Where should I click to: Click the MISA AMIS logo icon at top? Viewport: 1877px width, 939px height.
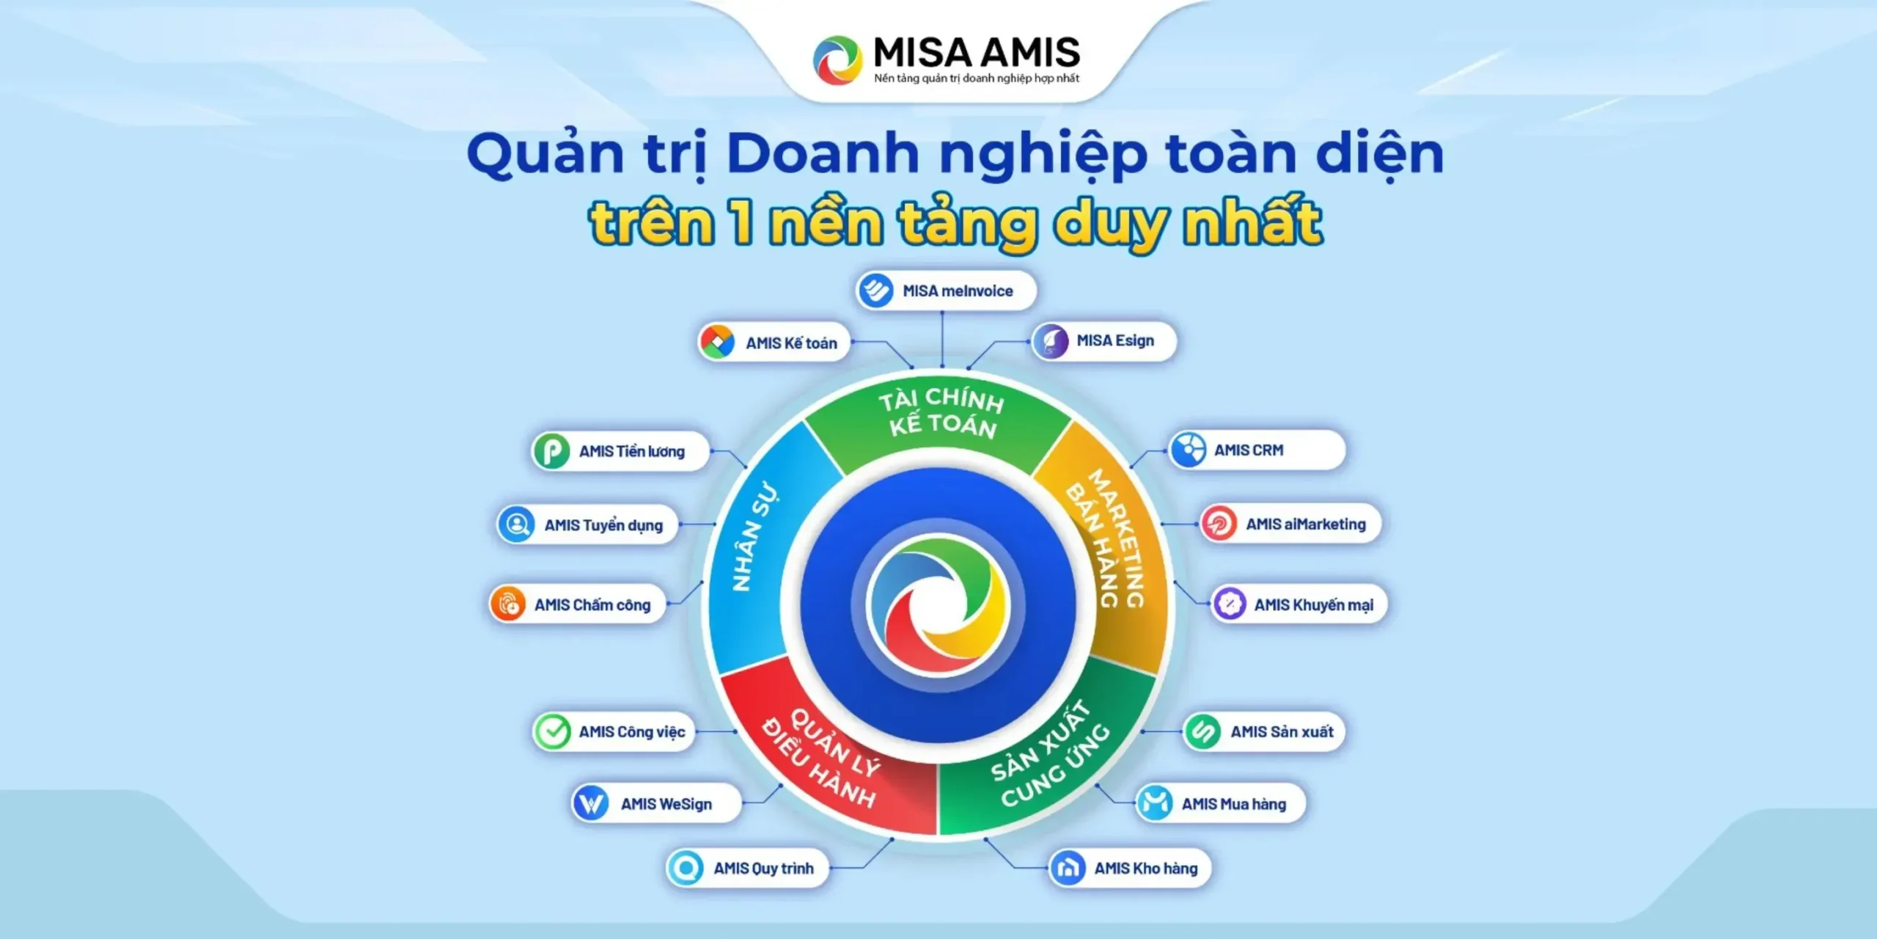(837, 60)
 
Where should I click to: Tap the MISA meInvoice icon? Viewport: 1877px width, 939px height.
(875, 291)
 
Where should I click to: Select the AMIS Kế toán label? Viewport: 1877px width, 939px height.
(791, 343)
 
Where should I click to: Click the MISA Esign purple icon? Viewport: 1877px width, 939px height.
(1051, 341)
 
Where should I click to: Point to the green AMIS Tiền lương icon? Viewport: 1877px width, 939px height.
(551, 450)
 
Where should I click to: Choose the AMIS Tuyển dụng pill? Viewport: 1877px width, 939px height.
(587, 525)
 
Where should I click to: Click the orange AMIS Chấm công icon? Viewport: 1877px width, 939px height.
(508, 604)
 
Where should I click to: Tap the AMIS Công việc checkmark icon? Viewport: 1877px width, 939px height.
(552, 731)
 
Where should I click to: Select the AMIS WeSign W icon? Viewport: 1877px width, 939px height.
(590, 803)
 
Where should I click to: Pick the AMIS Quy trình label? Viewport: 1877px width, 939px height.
(763, 869)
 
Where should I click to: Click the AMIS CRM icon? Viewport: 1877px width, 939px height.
(1188, 450)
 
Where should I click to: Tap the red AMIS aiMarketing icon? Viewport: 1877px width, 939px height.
(1219, 524)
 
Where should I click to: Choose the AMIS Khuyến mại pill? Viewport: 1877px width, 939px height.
(1299, 604)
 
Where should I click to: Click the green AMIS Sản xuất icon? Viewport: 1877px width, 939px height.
(1203, 731)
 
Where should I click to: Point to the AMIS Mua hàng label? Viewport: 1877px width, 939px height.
(1233, 804)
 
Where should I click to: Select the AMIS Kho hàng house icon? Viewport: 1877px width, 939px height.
(1068, 869)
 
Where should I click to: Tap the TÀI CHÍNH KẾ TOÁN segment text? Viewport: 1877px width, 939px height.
(942, 413)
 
